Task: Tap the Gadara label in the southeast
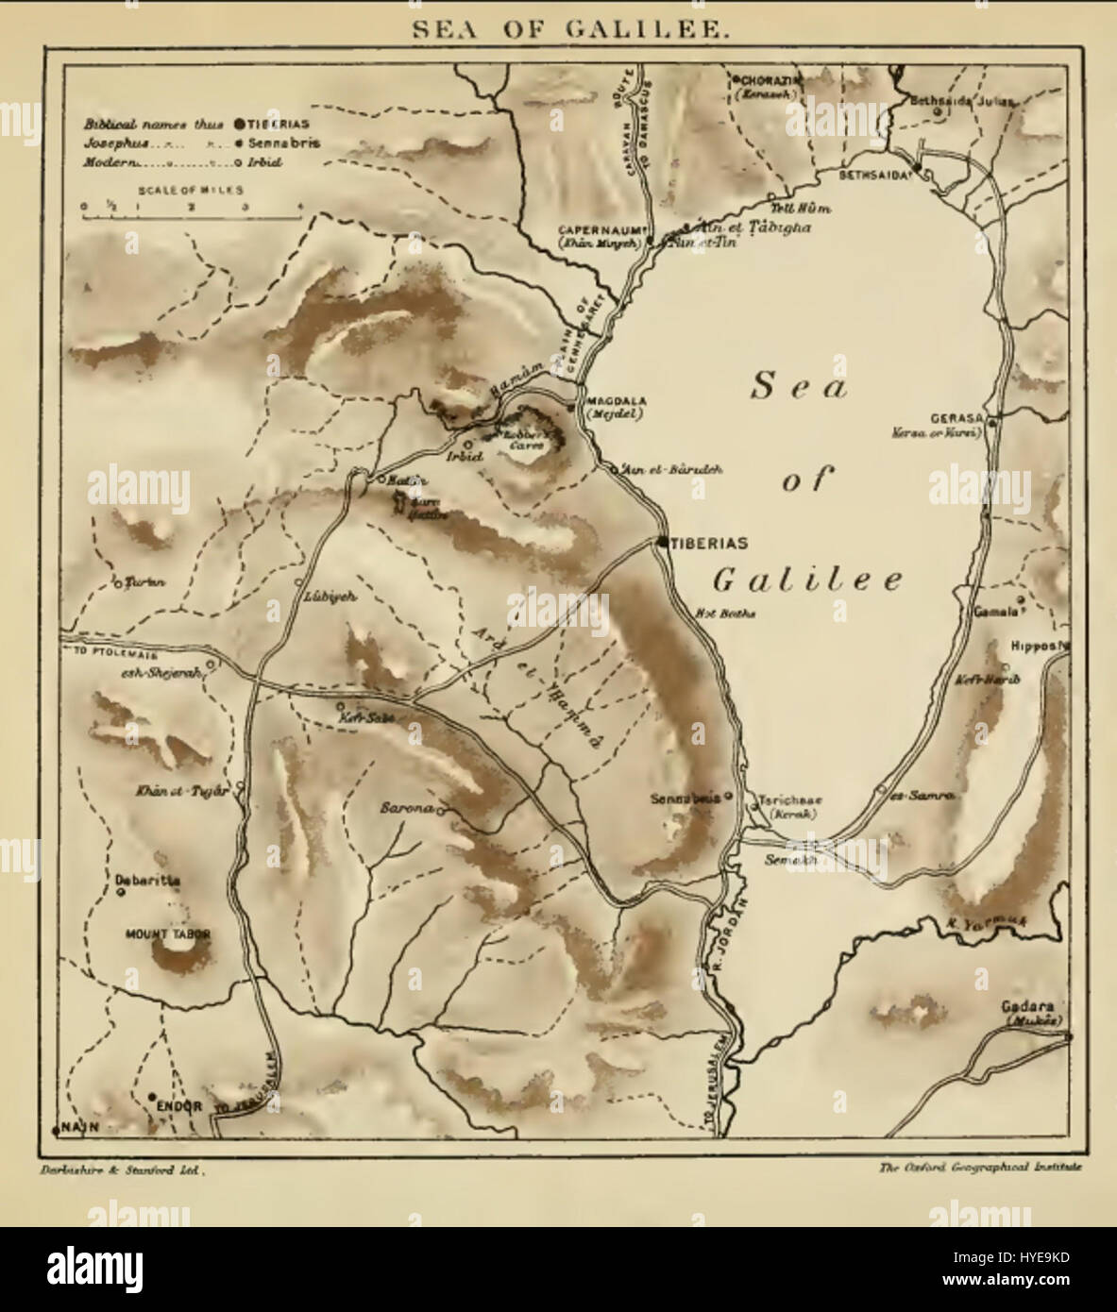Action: click(1034, 1006)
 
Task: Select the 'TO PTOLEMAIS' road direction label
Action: click(109, 652)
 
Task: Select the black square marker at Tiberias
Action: click(663, 542)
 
